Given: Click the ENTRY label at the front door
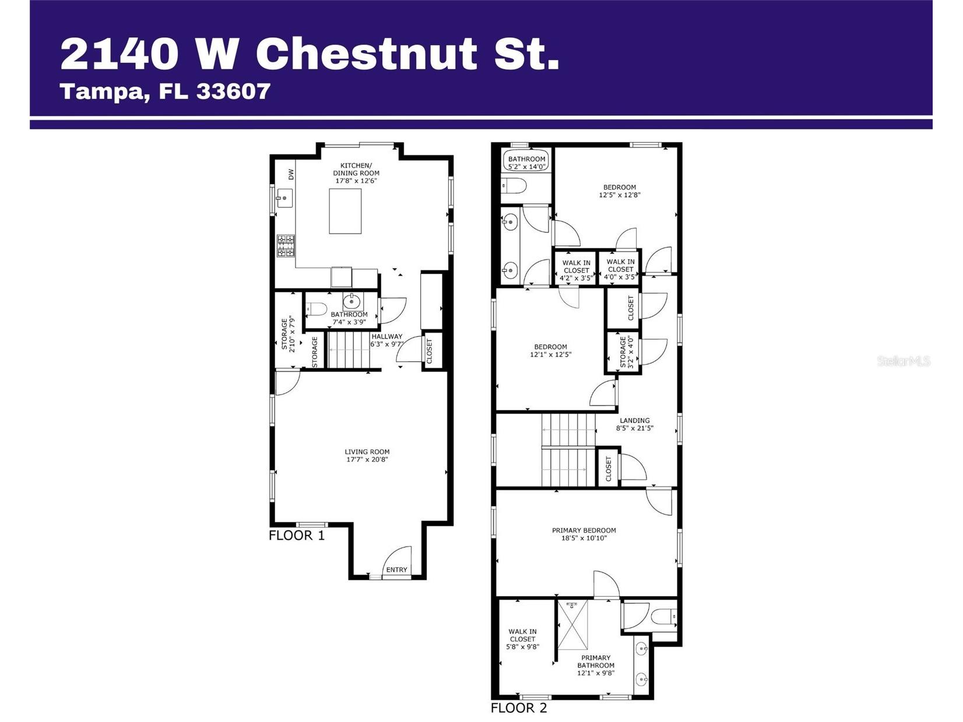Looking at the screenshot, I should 397,570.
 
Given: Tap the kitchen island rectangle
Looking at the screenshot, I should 345,211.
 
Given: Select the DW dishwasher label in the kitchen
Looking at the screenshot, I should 291,174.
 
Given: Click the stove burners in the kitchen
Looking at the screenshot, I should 286,246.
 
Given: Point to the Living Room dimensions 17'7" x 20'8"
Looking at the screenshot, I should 367,460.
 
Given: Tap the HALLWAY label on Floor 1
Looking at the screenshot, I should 387,336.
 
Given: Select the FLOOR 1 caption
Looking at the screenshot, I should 297,536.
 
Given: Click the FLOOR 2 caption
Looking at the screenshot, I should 519,708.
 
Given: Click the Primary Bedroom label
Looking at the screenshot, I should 584,530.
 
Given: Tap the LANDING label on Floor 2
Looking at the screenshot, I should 634,420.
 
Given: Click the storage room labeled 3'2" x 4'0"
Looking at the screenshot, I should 623,352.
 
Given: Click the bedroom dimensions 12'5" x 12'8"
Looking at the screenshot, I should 619,195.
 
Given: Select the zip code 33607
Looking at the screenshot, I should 233,91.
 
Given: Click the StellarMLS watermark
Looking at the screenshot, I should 904,361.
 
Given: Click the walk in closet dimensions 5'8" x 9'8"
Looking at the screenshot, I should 522,647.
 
